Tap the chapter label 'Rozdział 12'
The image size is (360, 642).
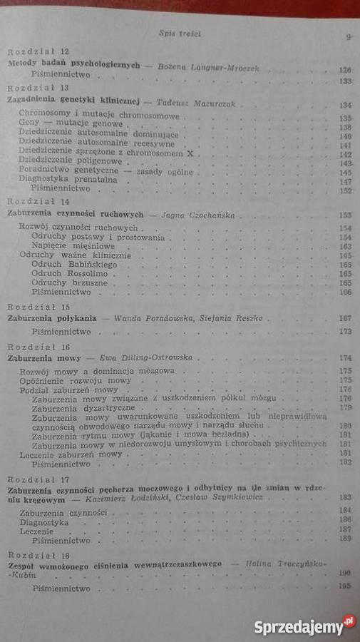[x=38, y=53]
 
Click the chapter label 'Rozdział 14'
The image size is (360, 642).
[x=36, y=203]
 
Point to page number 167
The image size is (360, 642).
[x=347, y=318]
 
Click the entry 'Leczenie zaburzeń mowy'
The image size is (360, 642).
[x=71, y=454]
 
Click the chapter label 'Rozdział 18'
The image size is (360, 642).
[x=36, y=554]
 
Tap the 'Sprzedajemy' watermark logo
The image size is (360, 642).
[x=304, y=626]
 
